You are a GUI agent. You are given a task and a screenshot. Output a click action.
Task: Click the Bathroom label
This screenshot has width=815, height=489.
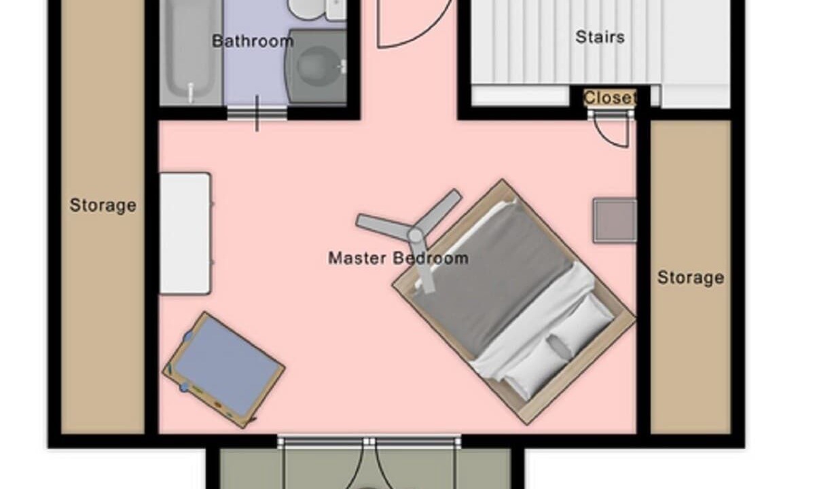[x=253, y=41]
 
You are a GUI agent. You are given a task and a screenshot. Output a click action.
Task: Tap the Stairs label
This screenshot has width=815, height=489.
[x=600, y=37]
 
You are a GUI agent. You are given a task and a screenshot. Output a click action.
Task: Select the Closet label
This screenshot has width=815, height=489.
[x=610, y=98]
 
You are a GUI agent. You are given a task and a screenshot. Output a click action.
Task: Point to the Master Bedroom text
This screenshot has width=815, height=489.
[x=398, y=258]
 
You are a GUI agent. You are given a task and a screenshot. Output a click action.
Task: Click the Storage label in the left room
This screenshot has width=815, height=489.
[x=103, y=206]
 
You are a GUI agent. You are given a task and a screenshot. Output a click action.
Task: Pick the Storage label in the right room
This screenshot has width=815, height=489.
[x=691, y=278]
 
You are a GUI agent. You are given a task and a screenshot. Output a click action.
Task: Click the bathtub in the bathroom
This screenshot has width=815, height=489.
[x=191, y=52]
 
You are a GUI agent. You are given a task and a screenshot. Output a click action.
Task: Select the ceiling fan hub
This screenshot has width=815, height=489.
[x=416, y=236]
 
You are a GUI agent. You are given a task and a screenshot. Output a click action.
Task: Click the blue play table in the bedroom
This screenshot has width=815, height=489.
[x=223, y=370]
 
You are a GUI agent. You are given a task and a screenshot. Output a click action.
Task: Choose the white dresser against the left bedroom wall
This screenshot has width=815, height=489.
[x=185, y=233]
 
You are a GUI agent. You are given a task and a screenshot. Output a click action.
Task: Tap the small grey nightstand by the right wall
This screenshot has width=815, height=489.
[x=615, y=221]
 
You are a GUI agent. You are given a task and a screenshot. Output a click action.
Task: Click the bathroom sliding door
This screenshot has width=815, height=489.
[x=257, y=113]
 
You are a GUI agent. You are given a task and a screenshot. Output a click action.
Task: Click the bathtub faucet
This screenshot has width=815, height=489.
[x=190, y=93]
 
